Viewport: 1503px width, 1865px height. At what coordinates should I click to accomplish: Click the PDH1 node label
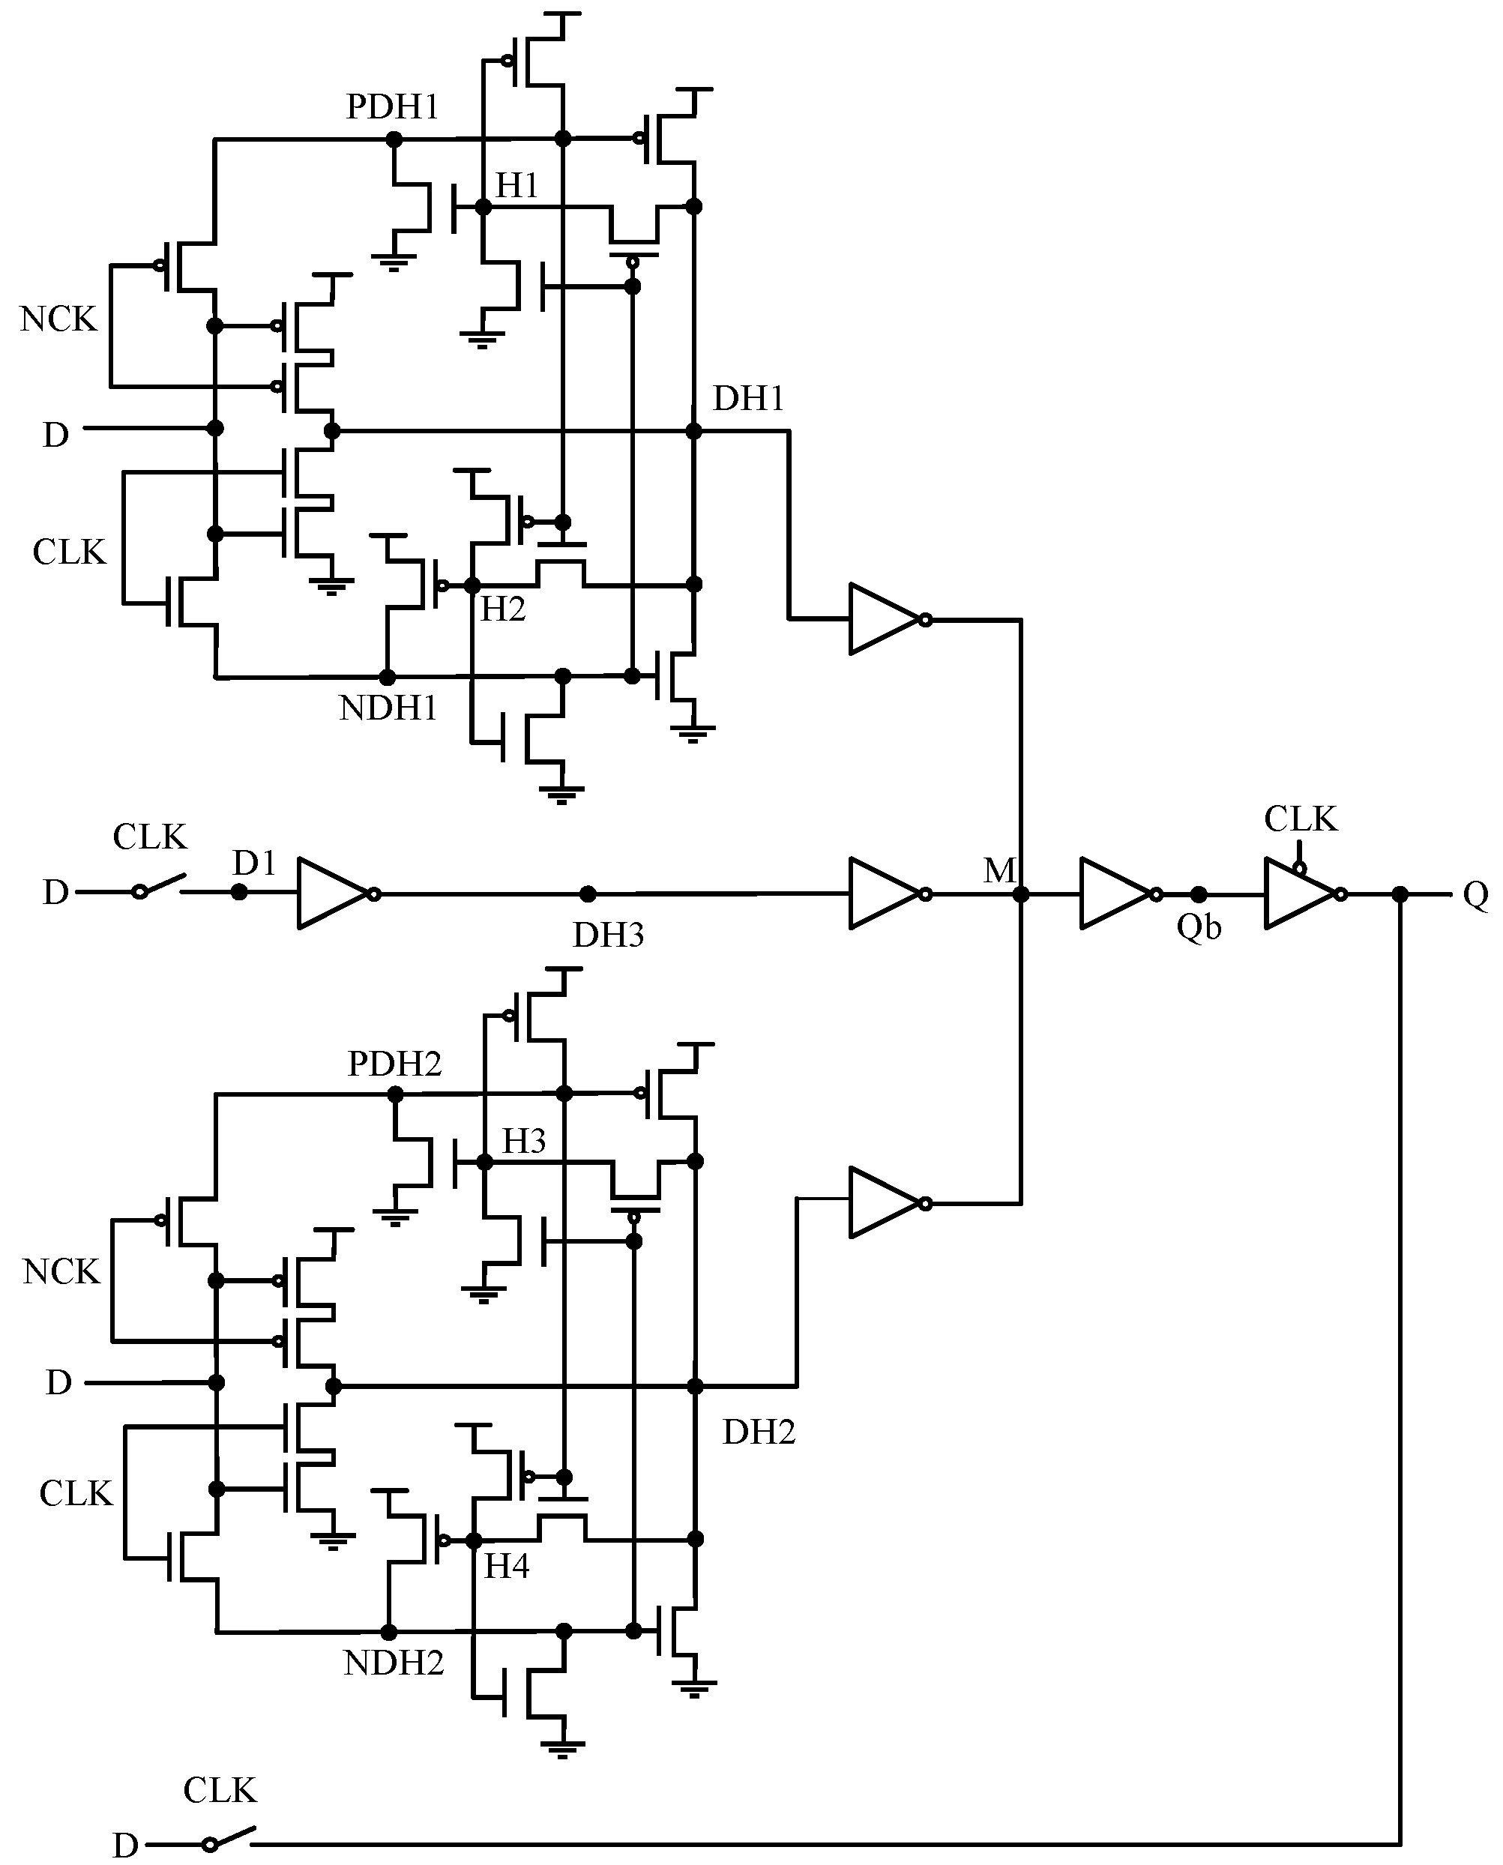tap(392, 106)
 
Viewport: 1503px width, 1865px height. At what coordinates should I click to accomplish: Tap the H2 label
tap(503, 609)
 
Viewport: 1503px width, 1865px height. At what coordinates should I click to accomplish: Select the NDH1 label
tap(388, 708)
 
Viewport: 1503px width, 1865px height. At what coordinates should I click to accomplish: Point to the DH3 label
tap(608, 935)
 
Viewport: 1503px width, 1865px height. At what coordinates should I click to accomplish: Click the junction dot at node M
tap(1021, 894)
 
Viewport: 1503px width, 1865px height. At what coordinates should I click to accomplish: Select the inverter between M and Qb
tap(1117, 894)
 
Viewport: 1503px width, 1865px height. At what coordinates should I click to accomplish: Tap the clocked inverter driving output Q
tap(1302, 894)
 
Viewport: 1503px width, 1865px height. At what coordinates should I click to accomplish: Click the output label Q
tap(1475, 894)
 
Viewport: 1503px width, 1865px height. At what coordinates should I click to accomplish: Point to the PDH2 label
tap(394, 1063)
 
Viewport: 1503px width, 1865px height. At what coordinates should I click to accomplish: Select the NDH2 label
tap(393, 1663)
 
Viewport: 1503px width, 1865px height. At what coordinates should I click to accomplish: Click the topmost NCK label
tap(58, 319)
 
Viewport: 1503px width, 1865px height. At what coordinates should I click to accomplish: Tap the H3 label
tap(524, 1141)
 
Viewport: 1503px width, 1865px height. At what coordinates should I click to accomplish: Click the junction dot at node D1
tap(239, 892)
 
